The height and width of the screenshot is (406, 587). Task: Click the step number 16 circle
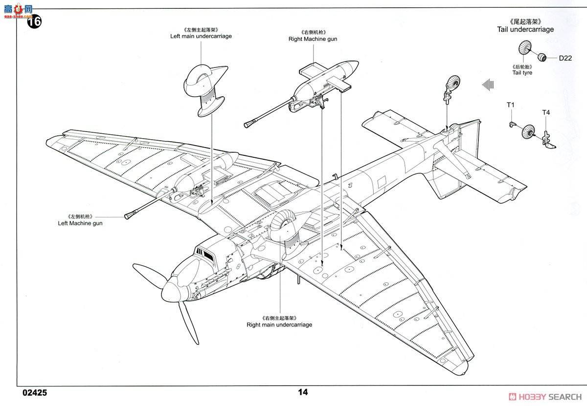34,22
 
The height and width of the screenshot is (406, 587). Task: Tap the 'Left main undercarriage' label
201,36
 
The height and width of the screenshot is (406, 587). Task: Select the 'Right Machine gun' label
313,39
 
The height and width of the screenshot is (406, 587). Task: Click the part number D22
565,58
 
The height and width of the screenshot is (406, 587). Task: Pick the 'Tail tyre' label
522,73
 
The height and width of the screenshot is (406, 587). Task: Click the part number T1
511,105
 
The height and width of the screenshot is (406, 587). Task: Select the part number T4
546,113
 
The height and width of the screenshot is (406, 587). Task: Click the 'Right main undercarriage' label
279,324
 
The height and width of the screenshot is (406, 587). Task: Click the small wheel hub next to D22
542,57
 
